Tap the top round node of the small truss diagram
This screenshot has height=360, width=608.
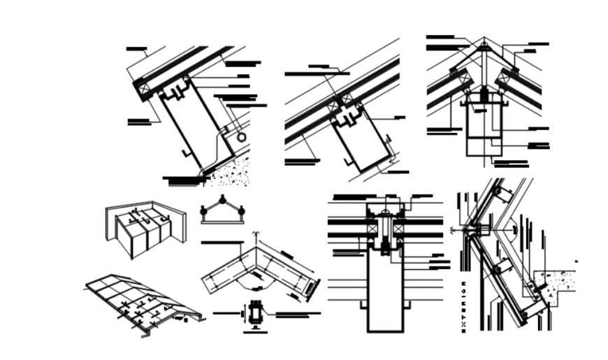click(222, 200)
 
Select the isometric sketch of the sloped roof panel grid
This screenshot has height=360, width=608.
click(140, 301)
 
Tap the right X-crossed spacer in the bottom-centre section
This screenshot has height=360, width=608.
click(399, 229)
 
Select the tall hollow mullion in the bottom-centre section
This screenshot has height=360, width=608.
click(384, 294)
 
